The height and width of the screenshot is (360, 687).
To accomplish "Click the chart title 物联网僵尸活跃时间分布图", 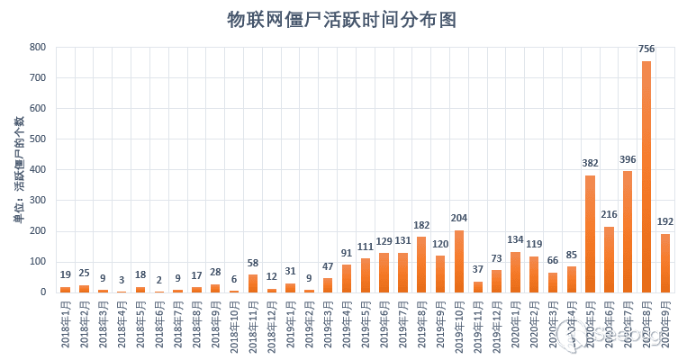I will [x=341, y=20].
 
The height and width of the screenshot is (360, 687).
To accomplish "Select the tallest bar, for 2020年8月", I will [x=646, y=176].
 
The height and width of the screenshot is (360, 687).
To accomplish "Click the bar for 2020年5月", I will [x=590, y=234].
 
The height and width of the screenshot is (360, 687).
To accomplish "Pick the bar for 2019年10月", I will [x=459, y=261].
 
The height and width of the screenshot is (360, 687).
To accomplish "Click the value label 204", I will [x=459, y=219].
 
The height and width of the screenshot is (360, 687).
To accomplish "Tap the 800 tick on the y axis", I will [x=37, y=48].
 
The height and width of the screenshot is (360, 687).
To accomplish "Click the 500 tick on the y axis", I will [x=37, y=139].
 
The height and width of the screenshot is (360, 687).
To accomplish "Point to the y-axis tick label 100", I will [x=37, y=262].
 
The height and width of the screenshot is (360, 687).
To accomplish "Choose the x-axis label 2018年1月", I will [x=65, y=325].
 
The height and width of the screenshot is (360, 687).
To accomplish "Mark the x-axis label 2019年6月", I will [x=384, y=325].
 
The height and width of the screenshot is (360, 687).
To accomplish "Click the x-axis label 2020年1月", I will [x=515, y=325].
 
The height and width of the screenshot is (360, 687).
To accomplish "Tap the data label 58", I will [x=253, y=264].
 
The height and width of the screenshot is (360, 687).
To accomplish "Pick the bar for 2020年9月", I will [x=665, y=263].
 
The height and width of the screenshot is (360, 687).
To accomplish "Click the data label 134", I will [x=515, y=240].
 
